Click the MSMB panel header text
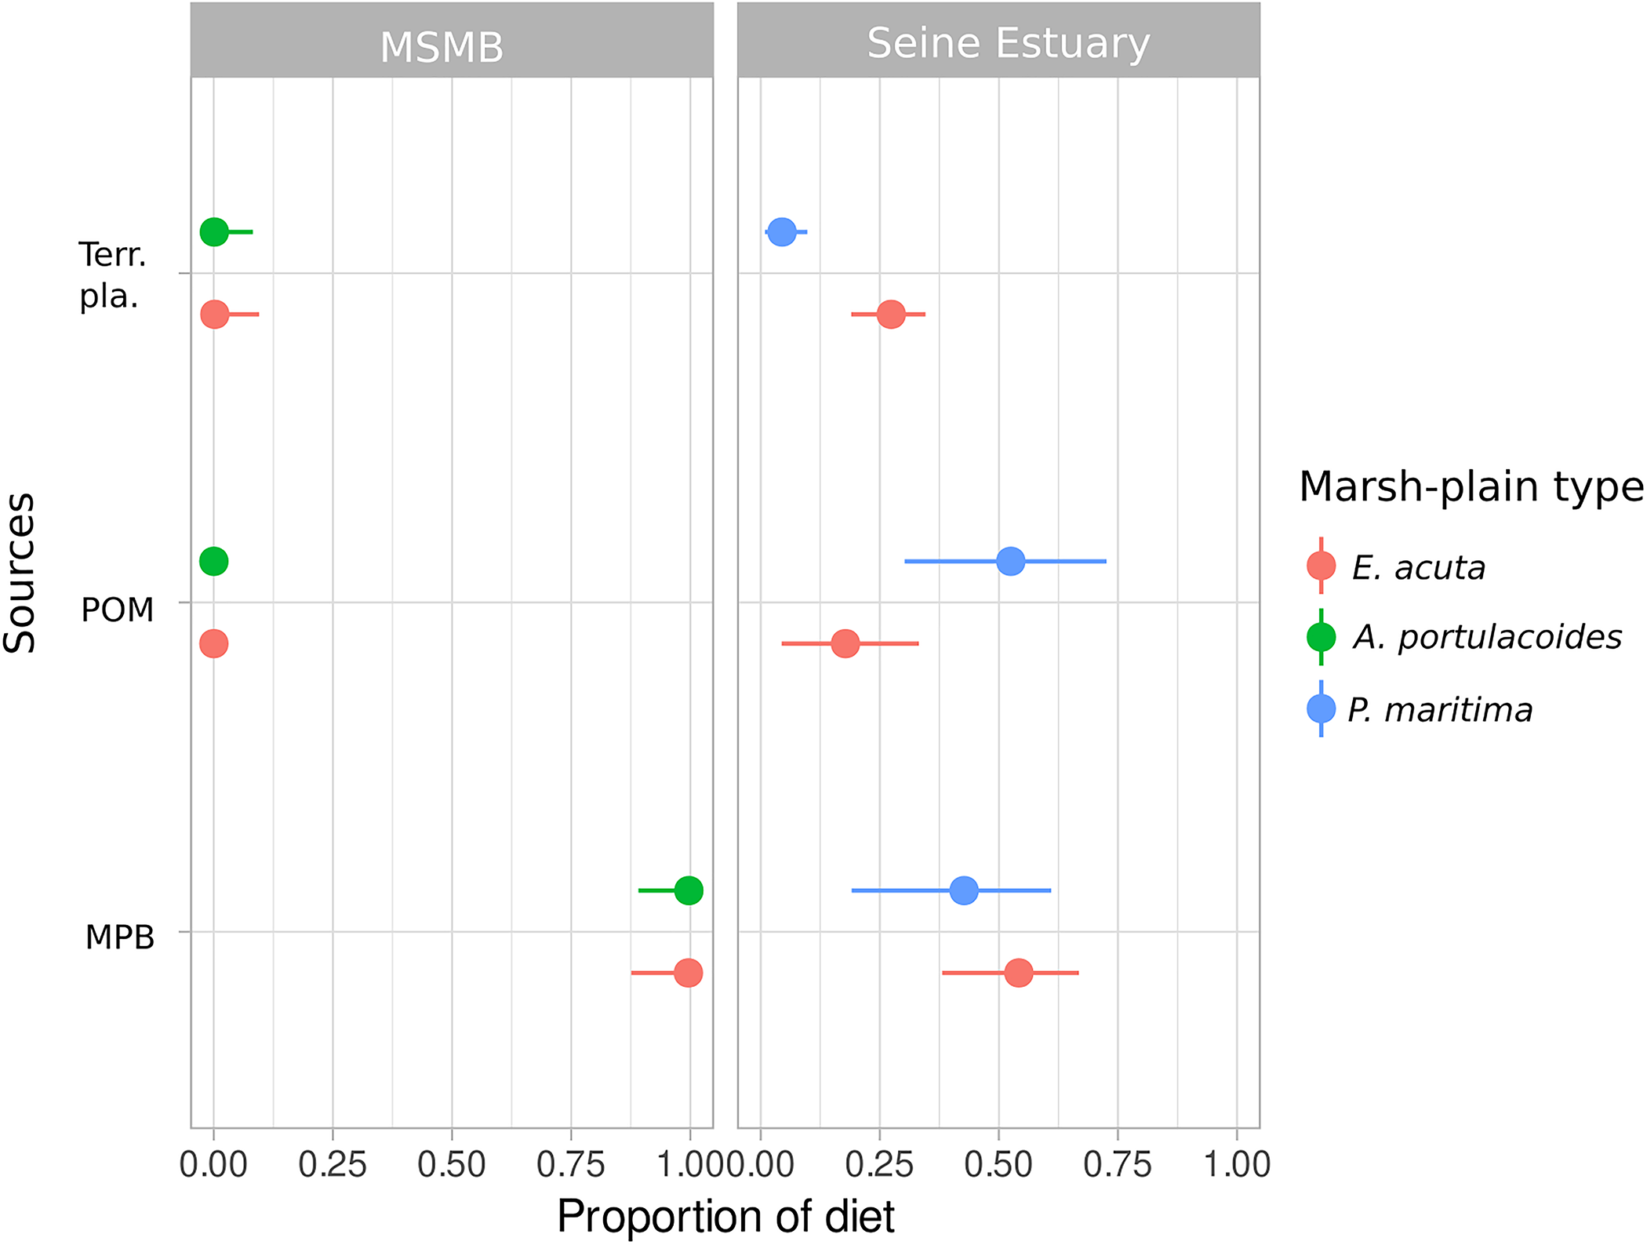click(x=442, y=47)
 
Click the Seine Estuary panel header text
click(x=1008, y=43)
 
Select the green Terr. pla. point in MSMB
click(x=214, y=232)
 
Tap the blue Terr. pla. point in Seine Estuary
click(x=782, y=231)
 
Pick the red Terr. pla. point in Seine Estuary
click(x=891, y=315)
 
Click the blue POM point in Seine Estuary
click(x=1011, y=562)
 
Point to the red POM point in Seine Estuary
click(x=845, y=644)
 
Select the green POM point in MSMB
click(x=214, y=562)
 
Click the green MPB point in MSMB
click(x=689, y=890)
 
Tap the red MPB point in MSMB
click(x=688, y=973)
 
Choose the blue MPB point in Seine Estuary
click(x=964, y=890)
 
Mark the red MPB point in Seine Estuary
click(x=1019, y=973)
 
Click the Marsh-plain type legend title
click(x=1470, y=486)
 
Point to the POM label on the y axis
click(x=118, y=610)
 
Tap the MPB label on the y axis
click(x=120, y=937)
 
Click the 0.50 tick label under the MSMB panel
click(x=452, y=1165)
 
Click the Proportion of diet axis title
click(x=725, y=1217)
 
